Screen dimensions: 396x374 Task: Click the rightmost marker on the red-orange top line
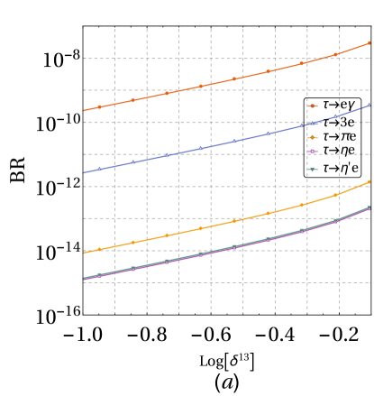(369, 42)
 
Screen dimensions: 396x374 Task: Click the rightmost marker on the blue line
(369, 105)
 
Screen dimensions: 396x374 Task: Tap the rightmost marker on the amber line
(369, 181)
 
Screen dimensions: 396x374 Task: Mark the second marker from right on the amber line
(335, 195)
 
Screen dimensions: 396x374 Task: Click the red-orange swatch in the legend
(313, 106)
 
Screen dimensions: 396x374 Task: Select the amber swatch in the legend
(313, 138)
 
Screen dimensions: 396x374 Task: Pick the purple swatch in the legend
(313, 152)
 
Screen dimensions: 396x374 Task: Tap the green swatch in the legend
(313, 169)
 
